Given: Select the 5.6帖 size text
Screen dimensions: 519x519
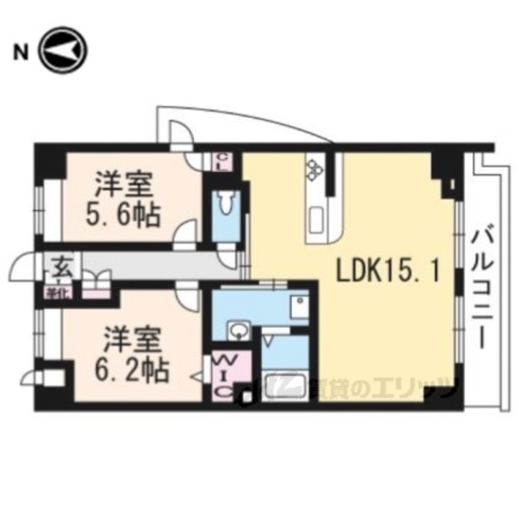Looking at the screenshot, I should [124, 216].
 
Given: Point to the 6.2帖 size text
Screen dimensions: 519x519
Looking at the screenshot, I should [134, 370].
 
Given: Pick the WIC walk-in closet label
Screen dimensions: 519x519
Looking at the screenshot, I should [221, 374].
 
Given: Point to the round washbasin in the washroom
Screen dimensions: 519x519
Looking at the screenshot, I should [238, 330].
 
